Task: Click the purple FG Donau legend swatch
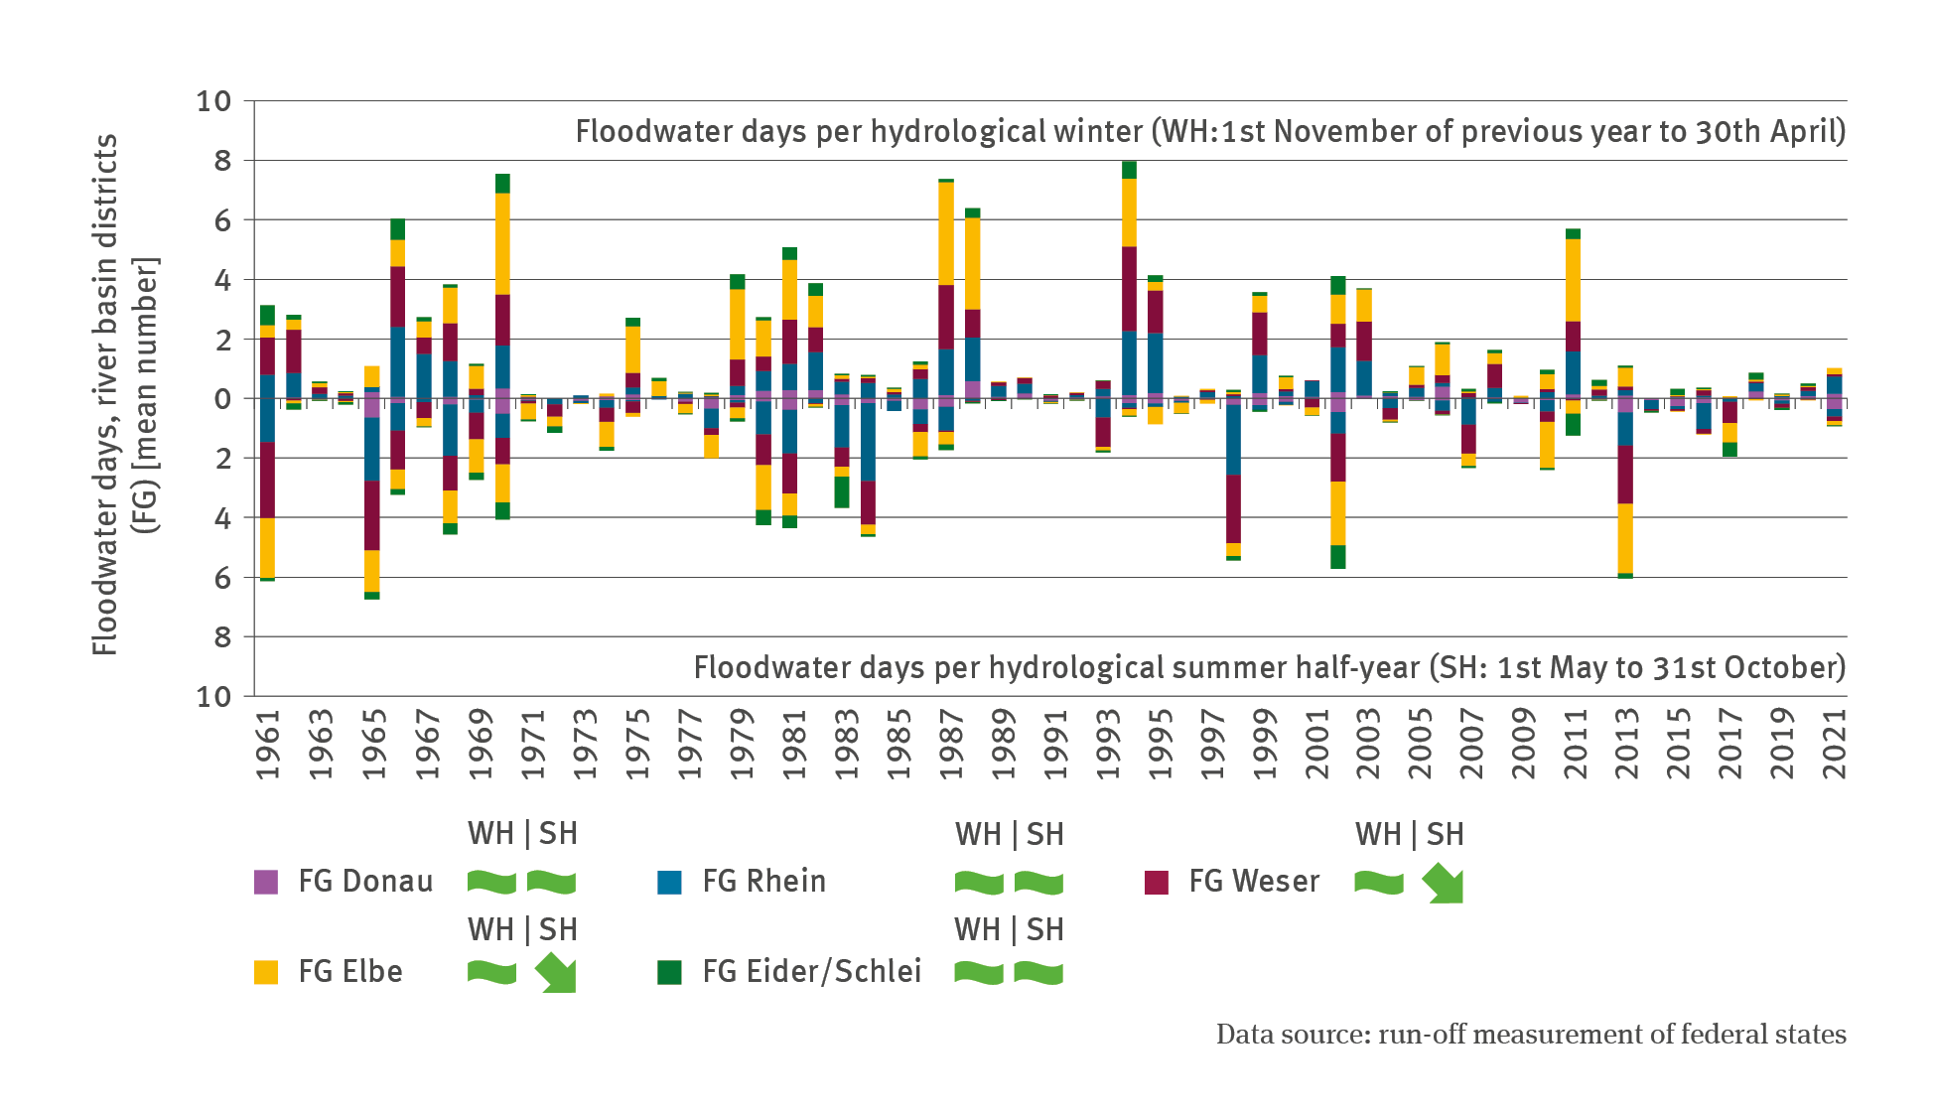point(266,882)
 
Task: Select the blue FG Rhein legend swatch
point(670,882)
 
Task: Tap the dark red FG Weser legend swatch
point(1157,882)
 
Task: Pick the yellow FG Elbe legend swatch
point(266,972)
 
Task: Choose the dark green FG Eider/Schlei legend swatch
point(670,972)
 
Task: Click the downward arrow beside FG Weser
point(1443,883)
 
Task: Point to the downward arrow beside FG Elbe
point(555,973)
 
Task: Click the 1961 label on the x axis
point(268,744)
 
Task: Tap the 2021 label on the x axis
point(1835,744)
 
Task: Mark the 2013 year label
point(1625,744)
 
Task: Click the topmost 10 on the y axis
point(213,101)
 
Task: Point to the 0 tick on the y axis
point(222,399)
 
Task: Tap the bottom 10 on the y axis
point(213,697)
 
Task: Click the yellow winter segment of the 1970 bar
point(502,243)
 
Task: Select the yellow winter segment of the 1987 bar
point(946,233)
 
